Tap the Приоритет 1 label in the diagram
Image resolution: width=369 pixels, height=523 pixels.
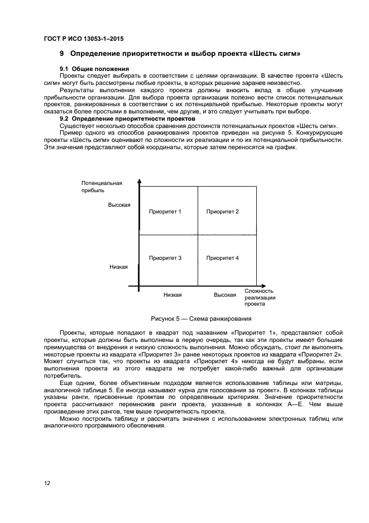coord(165,212)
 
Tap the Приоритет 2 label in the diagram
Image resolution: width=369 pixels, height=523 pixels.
coord(222,212)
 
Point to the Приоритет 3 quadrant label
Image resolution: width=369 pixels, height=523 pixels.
coord(165,258)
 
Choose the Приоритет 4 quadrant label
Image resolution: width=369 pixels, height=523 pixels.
coord(222,258)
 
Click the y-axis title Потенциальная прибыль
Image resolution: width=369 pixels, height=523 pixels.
coord(101,187)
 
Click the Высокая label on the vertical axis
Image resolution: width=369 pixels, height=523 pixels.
coord(119,205)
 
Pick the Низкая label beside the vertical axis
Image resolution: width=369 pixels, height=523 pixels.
coord(118,267)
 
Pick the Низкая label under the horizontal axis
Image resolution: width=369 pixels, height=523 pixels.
coord(172,294)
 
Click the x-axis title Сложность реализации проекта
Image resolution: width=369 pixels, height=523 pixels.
coord(260,297)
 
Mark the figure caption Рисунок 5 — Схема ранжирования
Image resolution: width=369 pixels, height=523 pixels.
coord(201,318)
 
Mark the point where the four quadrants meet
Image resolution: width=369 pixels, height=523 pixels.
coord(198,235)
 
